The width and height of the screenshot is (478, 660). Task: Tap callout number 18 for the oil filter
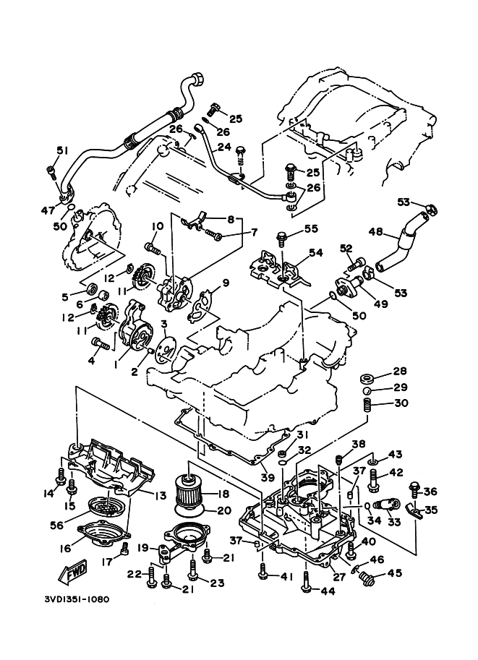click(x=222, y=494)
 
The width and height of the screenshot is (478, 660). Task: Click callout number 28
click(x=400, y=372)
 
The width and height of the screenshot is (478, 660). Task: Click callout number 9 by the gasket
click(x=226, y=283)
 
